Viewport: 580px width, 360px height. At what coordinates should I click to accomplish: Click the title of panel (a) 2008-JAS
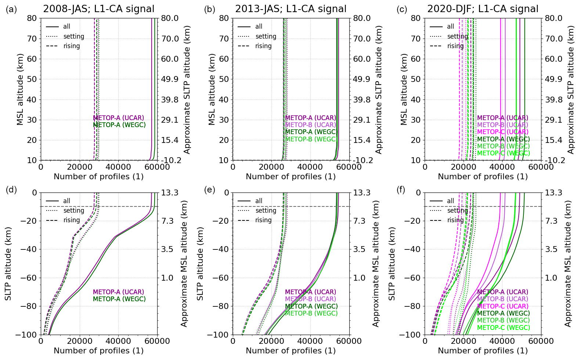point(98,9)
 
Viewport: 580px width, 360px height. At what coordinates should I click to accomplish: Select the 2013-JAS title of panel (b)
point(291,9)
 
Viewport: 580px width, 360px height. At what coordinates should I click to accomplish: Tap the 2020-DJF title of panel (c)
point(482,9)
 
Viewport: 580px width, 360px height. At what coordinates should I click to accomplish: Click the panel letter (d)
point(11,190)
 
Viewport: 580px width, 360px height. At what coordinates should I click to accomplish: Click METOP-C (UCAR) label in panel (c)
point(502,132)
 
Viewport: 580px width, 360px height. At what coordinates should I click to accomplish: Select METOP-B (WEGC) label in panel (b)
point(311,139)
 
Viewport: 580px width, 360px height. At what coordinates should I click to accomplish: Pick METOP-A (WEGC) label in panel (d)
point(119,299)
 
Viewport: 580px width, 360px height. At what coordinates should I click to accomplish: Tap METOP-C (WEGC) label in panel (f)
point(503,328)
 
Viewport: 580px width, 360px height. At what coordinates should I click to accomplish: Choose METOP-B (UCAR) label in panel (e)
point(310,299)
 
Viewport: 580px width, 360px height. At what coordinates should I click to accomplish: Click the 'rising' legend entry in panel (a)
point(72,46)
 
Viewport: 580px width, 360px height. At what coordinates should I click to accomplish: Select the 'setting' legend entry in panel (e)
point(266,210)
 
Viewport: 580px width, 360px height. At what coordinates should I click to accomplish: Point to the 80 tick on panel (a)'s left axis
point(32,18)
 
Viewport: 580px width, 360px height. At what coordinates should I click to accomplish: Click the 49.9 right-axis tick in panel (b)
point(362,79)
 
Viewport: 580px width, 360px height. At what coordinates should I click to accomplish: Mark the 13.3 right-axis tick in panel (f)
point(553,192)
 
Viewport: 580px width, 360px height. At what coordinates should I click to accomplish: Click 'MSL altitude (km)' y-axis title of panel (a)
point(20,89)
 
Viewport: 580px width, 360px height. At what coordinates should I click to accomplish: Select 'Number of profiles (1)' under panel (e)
point(291,351)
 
